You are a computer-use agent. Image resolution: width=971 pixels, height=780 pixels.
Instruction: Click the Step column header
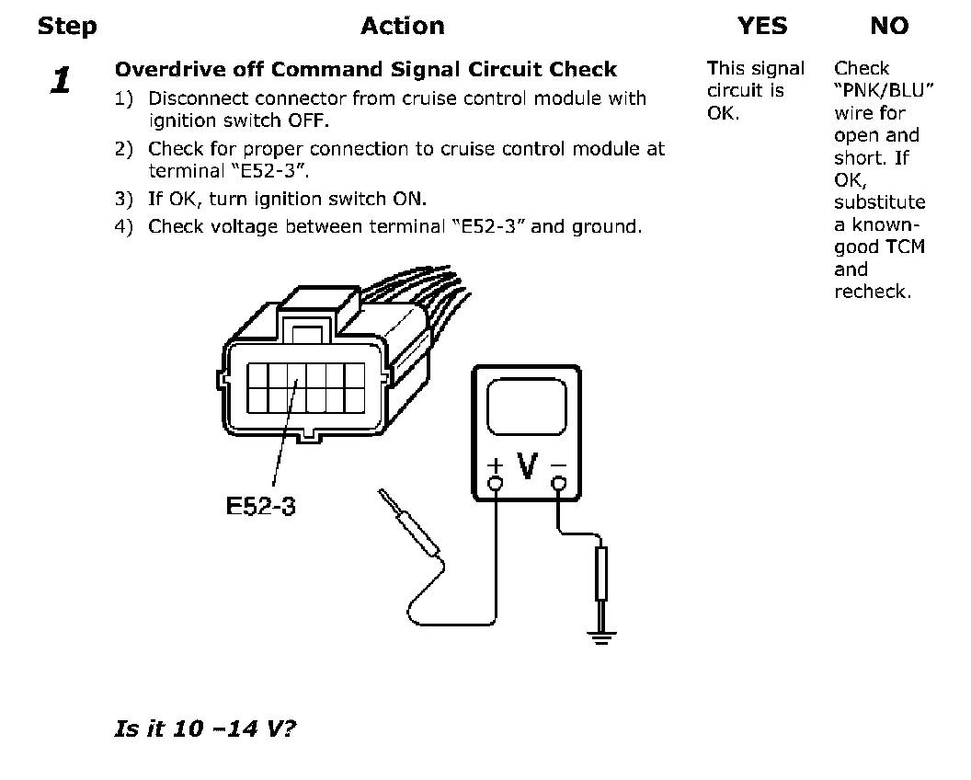tap(66, 27)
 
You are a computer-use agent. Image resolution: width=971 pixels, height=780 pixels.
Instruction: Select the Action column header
tap(402, 27)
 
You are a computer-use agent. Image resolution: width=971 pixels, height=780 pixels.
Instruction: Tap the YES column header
tap(762, 27)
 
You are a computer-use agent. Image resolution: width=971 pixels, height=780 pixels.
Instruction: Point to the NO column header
tap(888, 27)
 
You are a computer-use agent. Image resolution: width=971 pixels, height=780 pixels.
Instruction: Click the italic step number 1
tap(61, 81)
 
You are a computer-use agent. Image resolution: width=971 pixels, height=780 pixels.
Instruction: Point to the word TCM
tap(905, 247)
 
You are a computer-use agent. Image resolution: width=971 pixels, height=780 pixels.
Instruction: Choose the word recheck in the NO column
tap(872, 292)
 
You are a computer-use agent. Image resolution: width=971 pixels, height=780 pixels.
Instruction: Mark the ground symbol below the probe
tap(601, 635)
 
